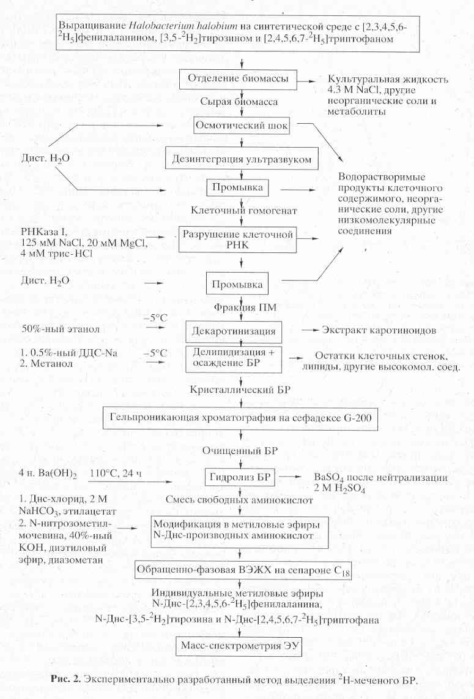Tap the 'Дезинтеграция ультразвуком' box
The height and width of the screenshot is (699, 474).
[x=243, y=159]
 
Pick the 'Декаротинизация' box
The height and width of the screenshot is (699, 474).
[x=234, y=331]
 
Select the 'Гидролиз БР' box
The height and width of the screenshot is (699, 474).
[x=241, y=477]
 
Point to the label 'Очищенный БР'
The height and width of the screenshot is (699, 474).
[x=244, y=449]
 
